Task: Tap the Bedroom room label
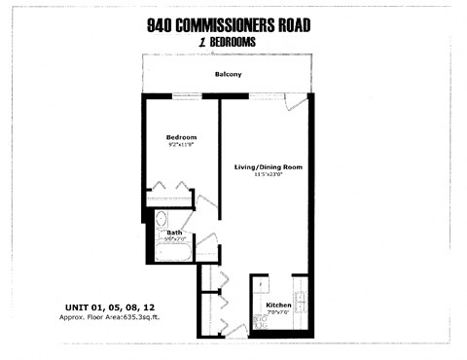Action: point(181,137)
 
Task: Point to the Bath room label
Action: point(174,234)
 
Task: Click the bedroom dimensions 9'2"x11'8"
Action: point(181,146)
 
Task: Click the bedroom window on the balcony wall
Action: point(185,95)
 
